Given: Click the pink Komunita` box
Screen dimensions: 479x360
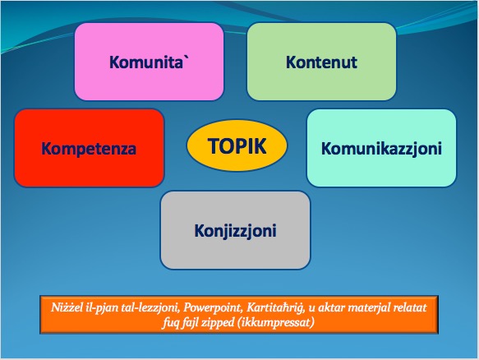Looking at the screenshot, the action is (x=149, y=62).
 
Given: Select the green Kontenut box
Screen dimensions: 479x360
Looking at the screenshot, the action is (x=322, y=62).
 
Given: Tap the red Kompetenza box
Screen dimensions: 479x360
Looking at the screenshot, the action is (x=90, y=148).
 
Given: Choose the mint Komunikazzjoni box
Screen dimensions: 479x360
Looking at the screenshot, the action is (x=381, y=148).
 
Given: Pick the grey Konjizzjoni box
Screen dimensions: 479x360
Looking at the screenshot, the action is (x=235, y=230).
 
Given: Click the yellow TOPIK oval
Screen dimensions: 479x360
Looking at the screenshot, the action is (x=237, y=145).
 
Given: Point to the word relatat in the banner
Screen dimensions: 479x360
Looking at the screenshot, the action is (x=410, y=307).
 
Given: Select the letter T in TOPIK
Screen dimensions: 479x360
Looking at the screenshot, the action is (x=214, y=145).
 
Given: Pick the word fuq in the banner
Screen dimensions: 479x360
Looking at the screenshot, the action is (x=170, y=322).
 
